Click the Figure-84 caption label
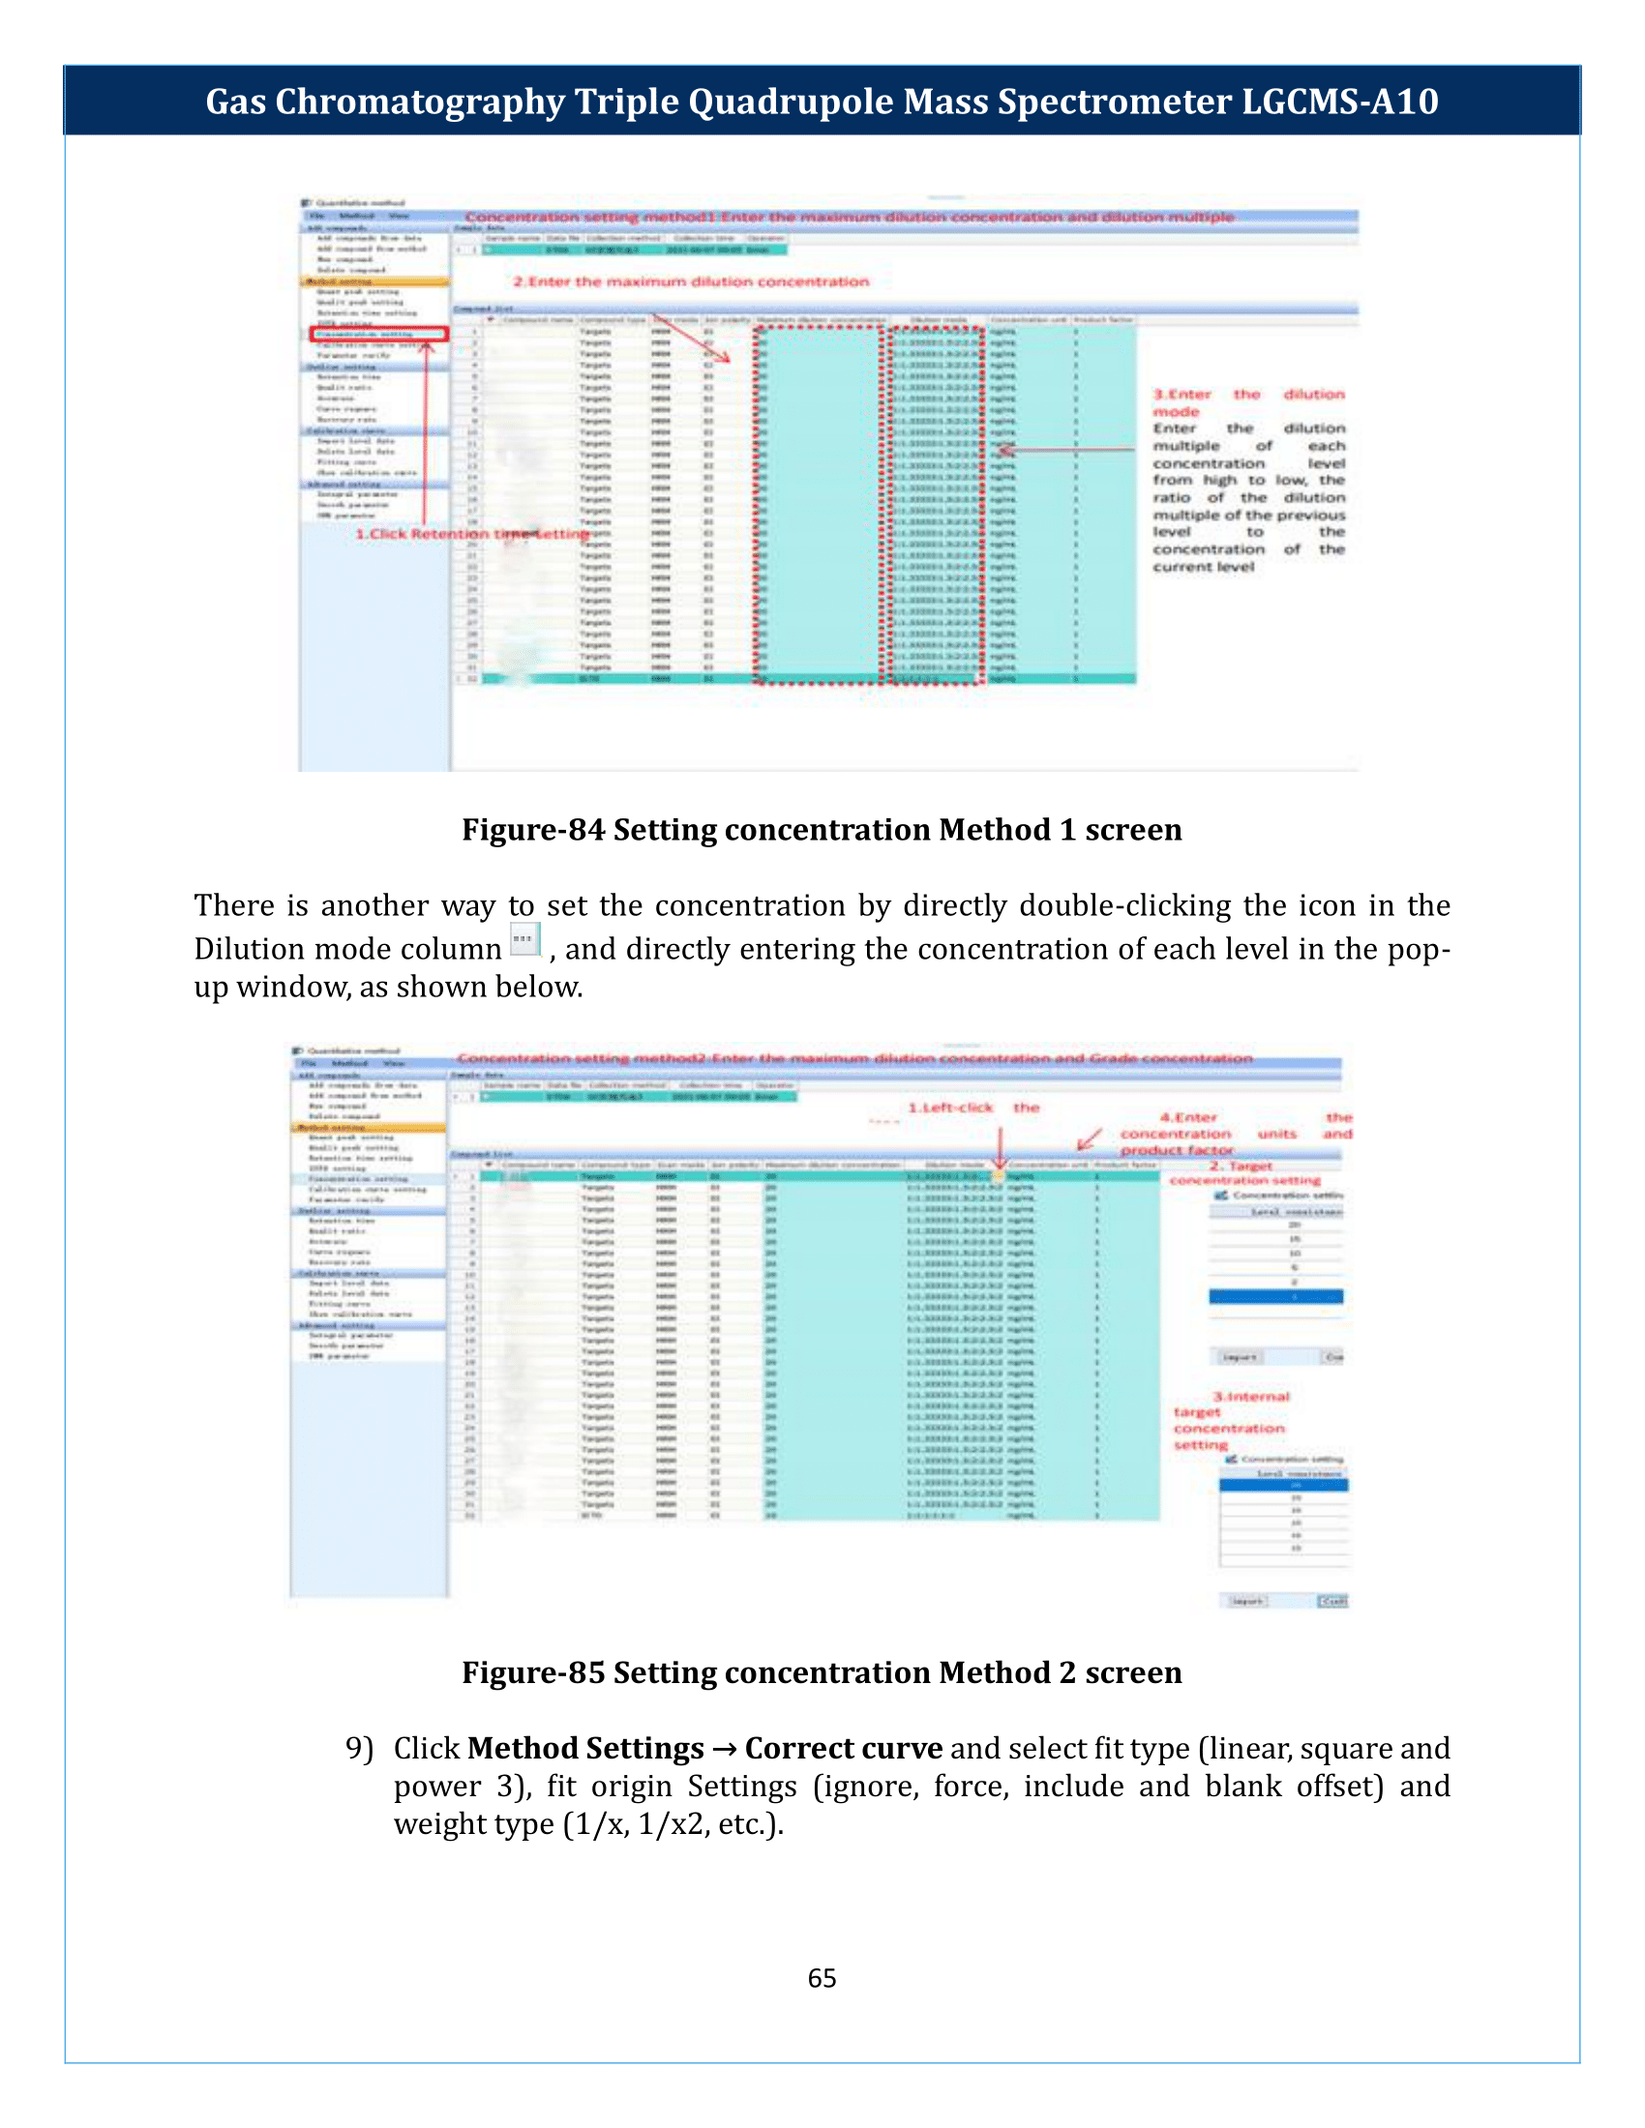[821, 829]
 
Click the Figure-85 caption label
[821, 1672]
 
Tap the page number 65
[822, 1977]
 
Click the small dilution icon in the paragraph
[524, 940]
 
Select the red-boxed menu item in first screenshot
[378, 335]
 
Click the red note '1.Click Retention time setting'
[471, 534]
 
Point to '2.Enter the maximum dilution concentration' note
[690, 281]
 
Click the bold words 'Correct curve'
[843, 1748]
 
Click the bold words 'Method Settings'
[584, 1748]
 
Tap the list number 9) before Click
[359, 1748]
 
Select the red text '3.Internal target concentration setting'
[1230, 1421]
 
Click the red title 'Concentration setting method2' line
[853, 1058]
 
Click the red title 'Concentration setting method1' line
[848, 218]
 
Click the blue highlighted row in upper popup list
[1274, 1296]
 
